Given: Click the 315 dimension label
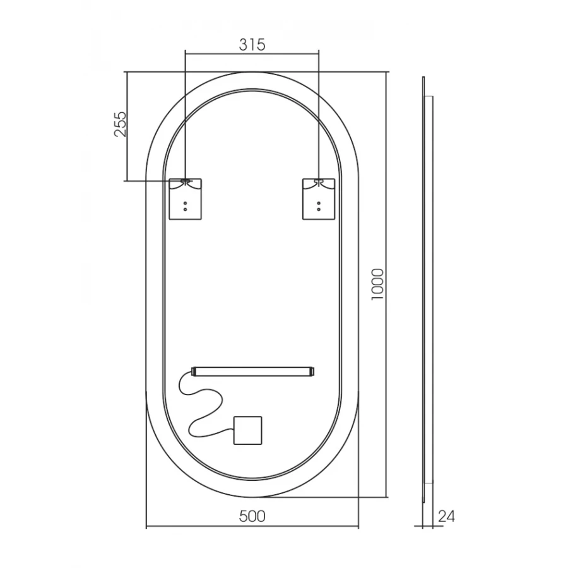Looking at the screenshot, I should [x=252, y=45].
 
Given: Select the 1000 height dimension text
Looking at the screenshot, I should [x=377, y=285].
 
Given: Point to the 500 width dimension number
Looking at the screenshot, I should [x=252, y=516].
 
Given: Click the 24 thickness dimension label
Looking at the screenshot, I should [x=446, y=516].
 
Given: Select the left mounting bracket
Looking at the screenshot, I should [x=186, y=199].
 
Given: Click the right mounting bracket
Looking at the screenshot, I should [x=319, y=199].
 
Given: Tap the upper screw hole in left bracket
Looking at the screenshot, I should [x=185, y=202].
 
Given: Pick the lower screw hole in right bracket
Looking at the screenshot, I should [x=319, y=208].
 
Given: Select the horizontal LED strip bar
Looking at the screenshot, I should [x=252, y=371].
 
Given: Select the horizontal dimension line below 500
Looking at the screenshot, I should [x=252, y=527].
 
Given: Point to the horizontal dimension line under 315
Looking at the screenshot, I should [x=252, y=54].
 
